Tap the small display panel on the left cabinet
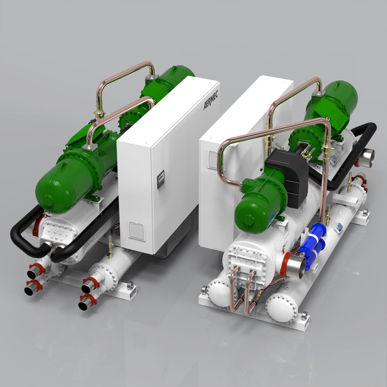pyautogui.click(x=161, y=179)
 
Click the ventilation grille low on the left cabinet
pyautogui.click(x=137, y=231)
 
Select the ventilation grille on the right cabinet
pyautogui.click(x=213, y=160)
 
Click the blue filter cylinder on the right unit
pyautogui.click(x=313, y=245)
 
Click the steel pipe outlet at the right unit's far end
pyautogui.click(x=367, y=157)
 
